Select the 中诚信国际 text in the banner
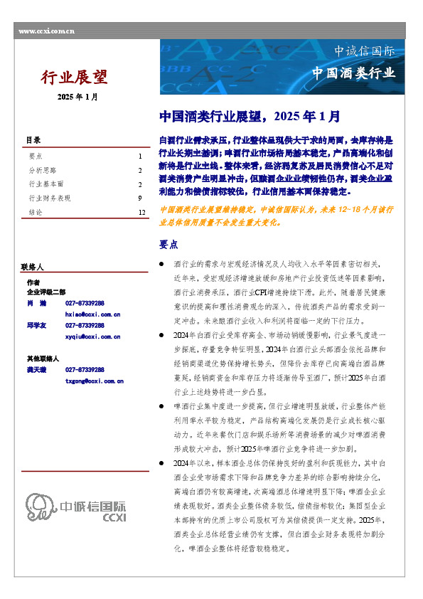click(364, 51)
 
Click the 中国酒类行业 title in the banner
click(353, 74)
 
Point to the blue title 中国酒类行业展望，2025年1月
click(249, 115)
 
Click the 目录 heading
click(33, 140)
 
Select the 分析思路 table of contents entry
click(43, 170)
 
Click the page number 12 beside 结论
click(141, 212)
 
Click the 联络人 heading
click(33, 267)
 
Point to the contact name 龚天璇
click(38, 370)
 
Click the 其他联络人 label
click(43, 359)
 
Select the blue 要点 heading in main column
click(168, 244)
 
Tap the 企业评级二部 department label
click(46, 292)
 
